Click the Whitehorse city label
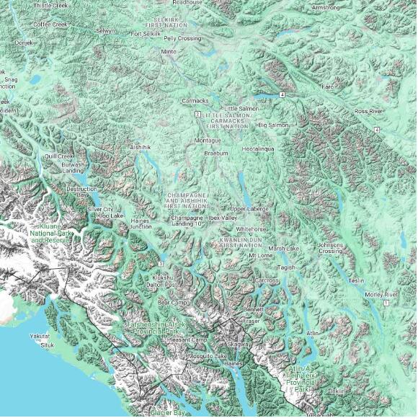click(x=251, y=228)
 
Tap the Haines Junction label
click(x=141, y=223)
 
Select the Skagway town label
click(x=240, y=344)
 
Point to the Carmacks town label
click(x=195, y=101)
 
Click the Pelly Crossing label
click(x=182, y=37)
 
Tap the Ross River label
click(x=368, y=112)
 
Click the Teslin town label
click(x=356, y=280)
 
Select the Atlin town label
click(x=312, y=334)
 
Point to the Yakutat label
click(x=40, y=337)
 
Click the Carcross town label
click(x=266, y=280)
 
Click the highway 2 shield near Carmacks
click(x=197, y=114)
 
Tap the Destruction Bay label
click(x=81, y=191)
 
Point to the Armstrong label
click(x=326, y=7)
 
